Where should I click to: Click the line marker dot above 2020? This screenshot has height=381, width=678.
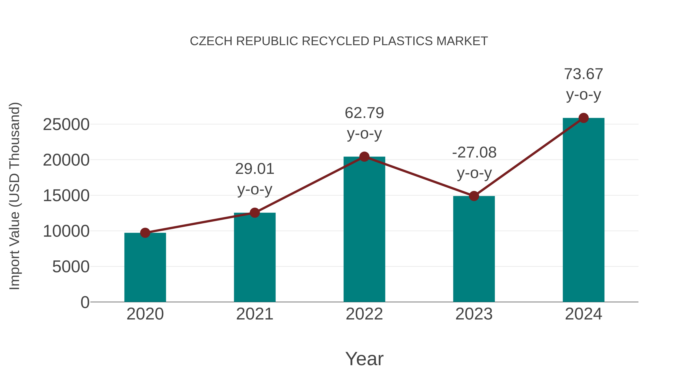tap(145, 233)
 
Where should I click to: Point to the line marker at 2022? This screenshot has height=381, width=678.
tap(364, 157)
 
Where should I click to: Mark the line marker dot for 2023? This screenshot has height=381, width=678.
tap(474, 196)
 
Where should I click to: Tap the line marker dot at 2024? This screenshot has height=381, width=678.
tap(583, 118)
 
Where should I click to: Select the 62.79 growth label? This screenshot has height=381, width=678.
tap(364, 113)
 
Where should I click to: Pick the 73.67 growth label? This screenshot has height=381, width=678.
tap(583, 74)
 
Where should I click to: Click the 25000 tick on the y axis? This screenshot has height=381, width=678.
tap(66, 125)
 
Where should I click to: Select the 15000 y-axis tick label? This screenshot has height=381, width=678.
tap(66, 196)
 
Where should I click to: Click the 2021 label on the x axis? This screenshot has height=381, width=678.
tap(254, 314)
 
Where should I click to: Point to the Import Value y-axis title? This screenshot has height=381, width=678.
tap(15, 196)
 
